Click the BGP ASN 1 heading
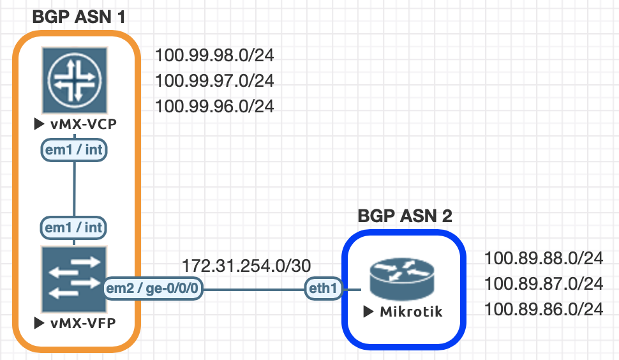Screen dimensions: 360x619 78,17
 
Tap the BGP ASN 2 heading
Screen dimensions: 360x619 405,216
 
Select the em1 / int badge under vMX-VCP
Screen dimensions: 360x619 74,150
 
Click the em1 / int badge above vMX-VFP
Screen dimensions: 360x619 74,227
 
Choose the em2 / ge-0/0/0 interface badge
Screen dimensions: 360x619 153,289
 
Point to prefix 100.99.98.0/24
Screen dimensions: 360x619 214,56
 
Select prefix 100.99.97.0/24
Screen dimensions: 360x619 214,81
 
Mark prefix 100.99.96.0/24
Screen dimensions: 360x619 214,106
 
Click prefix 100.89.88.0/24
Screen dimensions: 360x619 544,259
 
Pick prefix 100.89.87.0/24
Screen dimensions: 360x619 544,283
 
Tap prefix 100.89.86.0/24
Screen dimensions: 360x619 544,310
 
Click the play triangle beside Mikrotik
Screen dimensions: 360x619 368,312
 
